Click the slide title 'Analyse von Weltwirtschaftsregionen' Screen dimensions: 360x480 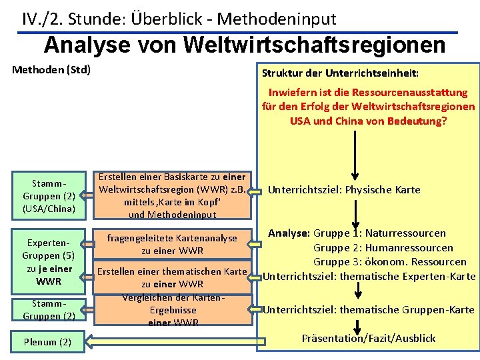pyautogui.click(x=245, y=45)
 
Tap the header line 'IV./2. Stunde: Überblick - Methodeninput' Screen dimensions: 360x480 pyautogui.click(x=179, y=19)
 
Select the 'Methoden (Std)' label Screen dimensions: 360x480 pyautogui.click(x=52, y=69)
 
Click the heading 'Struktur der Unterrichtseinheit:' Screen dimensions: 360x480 pyautogui.click(x=340, y=72)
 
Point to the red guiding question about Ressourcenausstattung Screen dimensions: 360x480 pyautogui.click(x=368, y=107)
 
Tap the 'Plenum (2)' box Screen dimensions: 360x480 pyautogui.click(x=48, y=342)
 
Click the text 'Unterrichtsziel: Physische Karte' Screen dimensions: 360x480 pyautogui.click(x=344, y=190)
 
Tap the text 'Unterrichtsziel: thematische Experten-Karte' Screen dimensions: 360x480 pyautogui.click(x=370, y=276)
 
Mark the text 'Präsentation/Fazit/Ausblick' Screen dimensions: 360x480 pyautogui.click(x=369, y=338)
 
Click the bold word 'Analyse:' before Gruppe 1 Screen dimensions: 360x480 pyautogui.click(x=289, y=233)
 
